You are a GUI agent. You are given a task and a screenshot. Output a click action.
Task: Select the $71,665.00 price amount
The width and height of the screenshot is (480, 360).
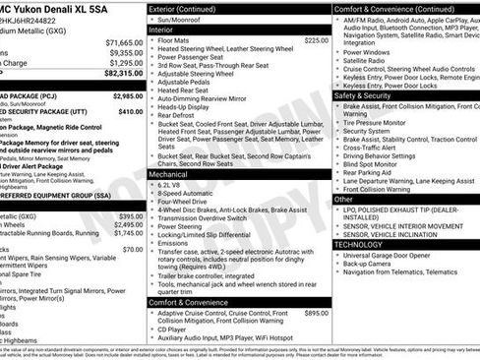[x=124, y=43]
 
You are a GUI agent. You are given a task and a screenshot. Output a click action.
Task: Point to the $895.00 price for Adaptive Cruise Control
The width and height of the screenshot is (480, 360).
[x=316, y=314]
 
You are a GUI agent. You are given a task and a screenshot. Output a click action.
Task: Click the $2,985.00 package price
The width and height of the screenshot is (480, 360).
[x=127, y=97]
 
